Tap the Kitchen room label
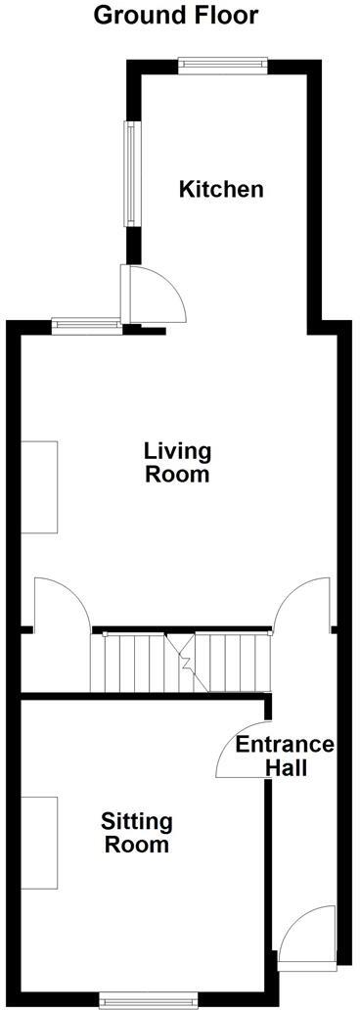click(x=220, y=189)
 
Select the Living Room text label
click(x=177, y=463)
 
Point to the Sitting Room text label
click(x=137, y=833)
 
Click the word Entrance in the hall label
click(x=285, y=745)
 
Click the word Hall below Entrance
click(x=286, y=768)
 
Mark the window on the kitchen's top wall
click(x=221, y=65)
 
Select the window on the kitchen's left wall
click(x=127, y=174)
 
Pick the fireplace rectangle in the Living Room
click(x=39, y=486)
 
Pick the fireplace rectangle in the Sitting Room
click(x=39, y=843)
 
